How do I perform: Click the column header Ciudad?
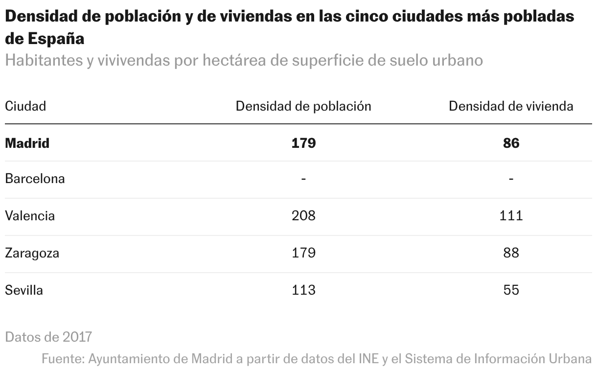25,106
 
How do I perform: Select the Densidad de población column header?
303,106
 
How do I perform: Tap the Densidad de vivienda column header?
511,106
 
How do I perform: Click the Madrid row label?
27,143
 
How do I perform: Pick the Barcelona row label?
35,179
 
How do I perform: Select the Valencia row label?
30,216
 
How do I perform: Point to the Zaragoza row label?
32,253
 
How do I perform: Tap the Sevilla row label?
24,290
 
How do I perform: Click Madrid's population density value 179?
303,143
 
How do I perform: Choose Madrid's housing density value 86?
511,143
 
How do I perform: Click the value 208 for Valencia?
303,216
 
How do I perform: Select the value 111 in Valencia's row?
511,216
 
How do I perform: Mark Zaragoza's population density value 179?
303,253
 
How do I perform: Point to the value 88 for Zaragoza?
511,253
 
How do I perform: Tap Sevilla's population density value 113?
303,290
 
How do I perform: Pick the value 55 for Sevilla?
511,290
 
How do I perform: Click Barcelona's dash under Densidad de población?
303,179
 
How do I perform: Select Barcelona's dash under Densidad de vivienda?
511,179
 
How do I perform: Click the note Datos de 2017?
48,337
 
